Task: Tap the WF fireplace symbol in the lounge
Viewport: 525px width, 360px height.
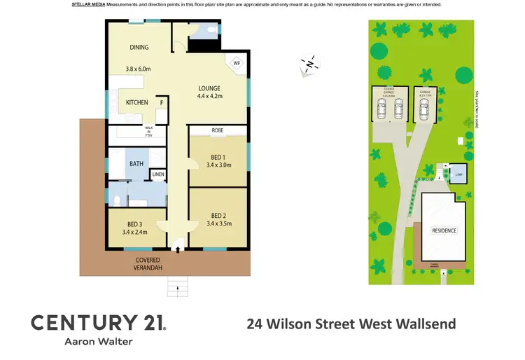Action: [x=237, y=62]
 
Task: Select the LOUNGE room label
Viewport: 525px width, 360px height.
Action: [x=209, y=88]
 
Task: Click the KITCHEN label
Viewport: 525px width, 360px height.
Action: [x=136, y=103]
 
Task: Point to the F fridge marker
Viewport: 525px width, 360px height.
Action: [x=162, y=103]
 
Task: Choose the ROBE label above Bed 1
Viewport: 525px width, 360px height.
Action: [x=218, y=130]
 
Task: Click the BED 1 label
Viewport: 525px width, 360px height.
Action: [x=217, y=157]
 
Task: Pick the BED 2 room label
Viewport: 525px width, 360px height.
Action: [x=217, y=215]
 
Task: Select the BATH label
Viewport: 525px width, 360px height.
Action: [x=136, y=164]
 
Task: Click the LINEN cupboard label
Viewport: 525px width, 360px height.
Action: [x=158, y=174]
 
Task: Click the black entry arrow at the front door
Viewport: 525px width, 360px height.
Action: [x=178, y=248]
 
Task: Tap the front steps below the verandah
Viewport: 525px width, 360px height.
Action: [x=177, y=285]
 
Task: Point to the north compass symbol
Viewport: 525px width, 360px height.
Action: [x=309, y=65]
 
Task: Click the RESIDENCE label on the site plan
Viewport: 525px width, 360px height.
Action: [x=444, y=230]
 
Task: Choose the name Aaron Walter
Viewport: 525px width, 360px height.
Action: [x=98, y=342]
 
